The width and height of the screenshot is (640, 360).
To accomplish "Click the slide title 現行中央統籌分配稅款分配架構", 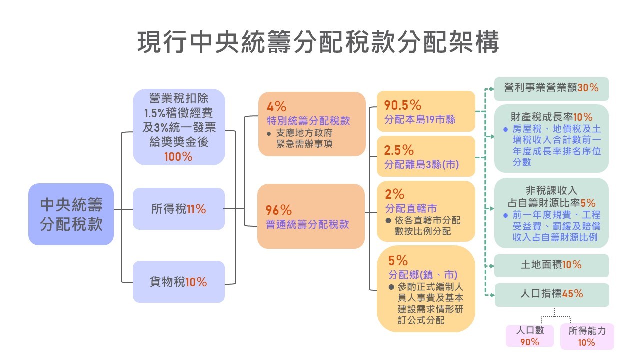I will (x=319, y=42).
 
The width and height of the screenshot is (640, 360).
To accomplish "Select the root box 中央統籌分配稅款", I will (x=71, y=214).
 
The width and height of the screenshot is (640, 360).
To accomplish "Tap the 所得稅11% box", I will (x=178, y=209).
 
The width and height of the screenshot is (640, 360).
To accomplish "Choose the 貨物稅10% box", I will (x=178, y=282).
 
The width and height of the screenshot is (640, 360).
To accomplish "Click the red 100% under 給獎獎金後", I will (x=178, y=156).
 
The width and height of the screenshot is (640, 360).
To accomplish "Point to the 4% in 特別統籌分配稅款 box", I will (x=276, y=106).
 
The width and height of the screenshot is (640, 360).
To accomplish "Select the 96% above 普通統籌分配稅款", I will (x=279, y=210).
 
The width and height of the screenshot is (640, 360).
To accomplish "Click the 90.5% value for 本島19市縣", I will (x=403, y=105).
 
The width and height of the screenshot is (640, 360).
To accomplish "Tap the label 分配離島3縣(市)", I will (x=421, y=164).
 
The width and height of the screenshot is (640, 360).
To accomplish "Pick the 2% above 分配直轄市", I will (x=394, y=194).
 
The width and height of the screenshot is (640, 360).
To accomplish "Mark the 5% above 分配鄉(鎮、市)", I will (x=398, y=260).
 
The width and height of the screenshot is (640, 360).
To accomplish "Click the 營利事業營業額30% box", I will (x=551, y=88).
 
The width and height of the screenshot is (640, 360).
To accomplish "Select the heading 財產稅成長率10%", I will (x=551, y=117).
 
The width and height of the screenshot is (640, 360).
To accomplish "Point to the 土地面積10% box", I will (x=551, y=265).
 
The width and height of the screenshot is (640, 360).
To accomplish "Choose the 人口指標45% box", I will (x=551, y=294).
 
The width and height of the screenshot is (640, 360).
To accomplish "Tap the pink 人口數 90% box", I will (x=530, y=336).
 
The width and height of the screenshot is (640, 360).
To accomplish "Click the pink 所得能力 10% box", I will (x=587, y=336).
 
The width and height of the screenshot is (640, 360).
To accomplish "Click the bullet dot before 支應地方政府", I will (x=269, y=133).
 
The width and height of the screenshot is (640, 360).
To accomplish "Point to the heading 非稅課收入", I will (x=551, y=190).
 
